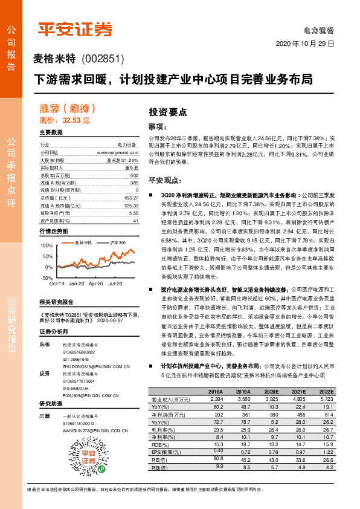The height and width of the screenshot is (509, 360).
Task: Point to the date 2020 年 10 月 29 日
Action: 305,44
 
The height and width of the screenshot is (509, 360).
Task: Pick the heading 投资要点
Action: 168,112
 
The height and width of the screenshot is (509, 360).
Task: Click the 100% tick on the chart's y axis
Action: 45,245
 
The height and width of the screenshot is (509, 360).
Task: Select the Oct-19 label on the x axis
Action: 56,283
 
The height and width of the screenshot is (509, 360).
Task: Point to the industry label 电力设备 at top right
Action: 319,30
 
